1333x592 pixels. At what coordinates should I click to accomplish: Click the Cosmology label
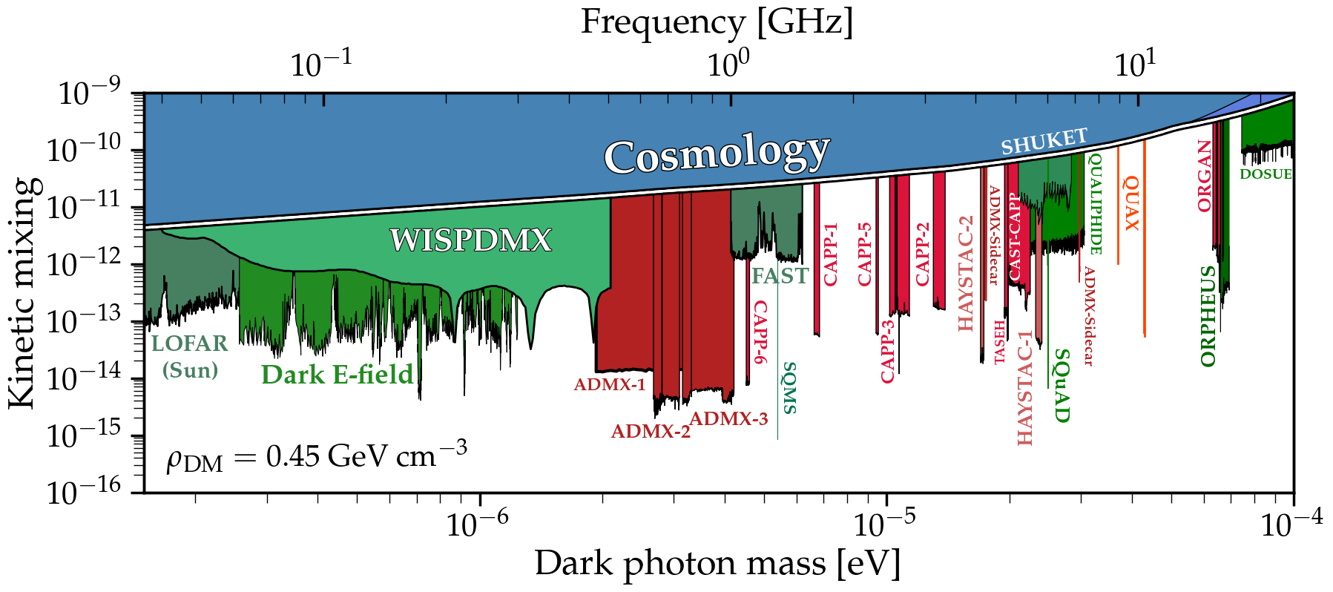coord(716,154)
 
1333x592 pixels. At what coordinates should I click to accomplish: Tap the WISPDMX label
coord(471,240)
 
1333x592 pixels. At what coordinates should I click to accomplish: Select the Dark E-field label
coord(337,375)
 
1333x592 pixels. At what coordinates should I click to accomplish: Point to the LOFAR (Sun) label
coord(190,356)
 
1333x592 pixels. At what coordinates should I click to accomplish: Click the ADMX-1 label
coord(610,385)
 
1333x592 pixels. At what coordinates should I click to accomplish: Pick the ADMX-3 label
coord(728,419)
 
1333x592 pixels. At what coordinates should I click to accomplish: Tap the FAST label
coord(780,276)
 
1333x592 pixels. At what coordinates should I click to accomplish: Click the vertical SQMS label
coord(789,388)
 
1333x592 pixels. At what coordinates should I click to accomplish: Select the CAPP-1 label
coord(831,254)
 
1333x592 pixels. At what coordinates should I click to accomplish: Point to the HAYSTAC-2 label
coord(966,274)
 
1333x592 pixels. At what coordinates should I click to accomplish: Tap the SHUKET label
coord(1044,141)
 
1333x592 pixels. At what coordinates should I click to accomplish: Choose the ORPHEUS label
coord(1208,316)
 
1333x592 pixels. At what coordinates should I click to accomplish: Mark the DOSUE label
coord(1265,174)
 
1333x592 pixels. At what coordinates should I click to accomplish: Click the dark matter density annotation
coord(317,457)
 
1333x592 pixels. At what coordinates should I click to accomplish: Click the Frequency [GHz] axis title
coord(717,22)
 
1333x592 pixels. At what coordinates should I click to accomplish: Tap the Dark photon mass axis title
coord(717,564)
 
